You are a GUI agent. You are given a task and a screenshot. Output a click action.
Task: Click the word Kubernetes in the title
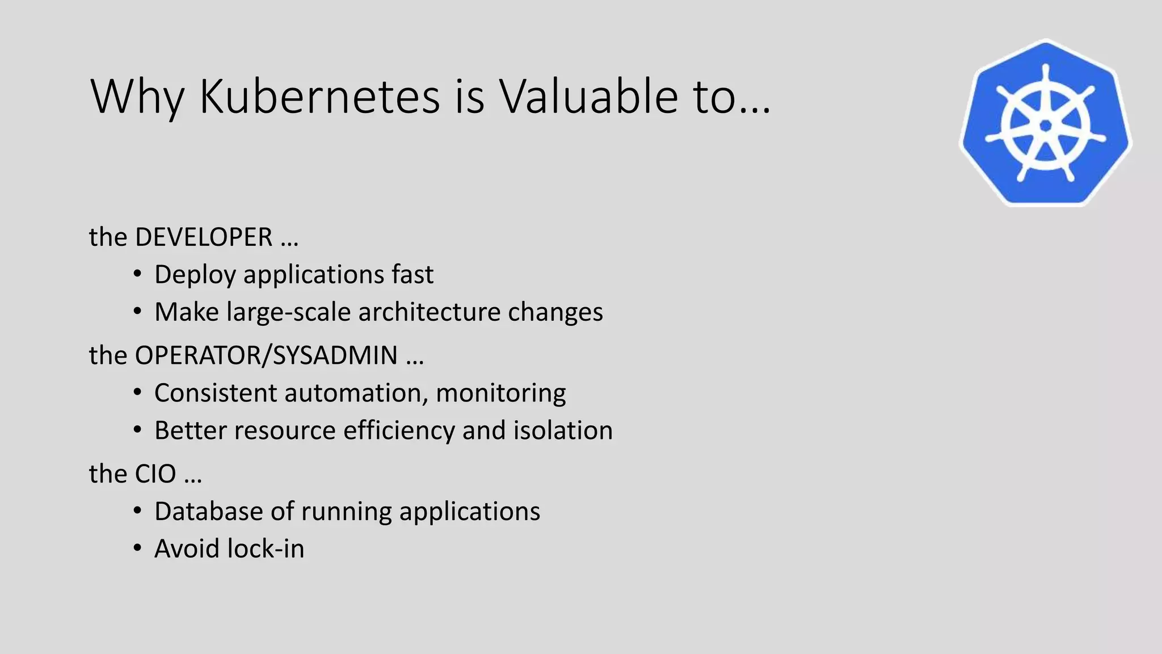coord(319,97)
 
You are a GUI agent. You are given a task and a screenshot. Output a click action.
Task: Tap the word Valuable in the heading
coord(588,97)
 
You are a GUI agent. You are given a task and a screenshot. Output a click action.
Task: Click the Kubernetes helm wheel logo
coord(1045,123)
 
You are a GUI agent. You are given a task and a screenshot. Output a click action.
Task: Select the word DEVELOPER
coord(203,237)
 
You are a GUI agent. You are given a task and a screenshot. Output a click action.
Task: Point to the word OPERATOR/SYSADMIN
coord(266,356)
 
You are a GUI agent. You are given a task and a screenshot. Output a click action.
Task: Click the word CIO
coord(155,474)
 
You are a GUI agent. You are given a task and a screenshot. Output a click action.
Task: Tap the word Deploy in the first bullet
coord(195,275)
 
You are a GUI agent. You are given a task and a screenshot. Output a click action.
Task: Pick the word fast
coord(412,275)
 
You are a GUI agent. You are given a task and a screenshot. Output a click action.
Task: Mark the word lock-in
coord(266,549)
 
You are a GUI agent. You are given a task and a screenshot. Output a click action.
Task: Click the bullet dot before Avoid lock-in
coord(137,549)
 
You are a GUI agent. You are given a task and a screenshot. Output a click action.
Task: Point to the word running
coord(346,512)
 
